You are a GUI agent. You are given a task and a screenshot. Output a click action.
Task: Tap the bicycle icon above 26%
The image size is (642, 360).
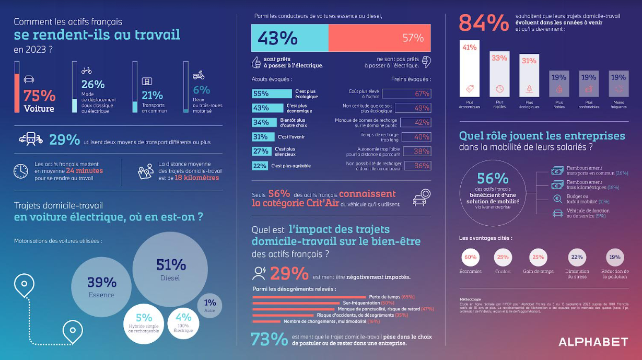point(87,71)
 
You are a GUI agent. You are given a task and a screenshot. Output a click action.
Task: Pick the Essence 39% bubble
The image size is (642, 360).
point(102,286)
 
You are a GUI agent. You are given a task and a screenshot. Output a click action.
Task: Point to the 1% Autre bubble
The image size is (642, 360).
point(210,306)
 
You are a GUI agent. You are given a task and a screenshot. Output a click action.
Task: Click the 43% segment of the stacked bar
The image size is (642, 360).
point(289,38)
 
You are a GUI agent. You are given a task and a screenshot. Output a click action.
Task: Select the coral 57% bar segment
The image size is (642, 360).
point(380,38)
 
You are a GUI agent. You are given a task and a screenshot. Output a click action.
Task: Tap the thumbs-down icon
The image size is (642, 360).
point(426,62)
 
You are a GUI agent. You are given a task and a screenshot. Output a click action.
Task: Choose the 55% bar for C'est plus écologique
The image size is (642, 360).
point(271,94)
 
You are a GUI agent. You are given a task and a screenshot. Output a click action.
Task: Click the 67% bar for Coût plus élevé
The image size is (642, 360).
point(406,94)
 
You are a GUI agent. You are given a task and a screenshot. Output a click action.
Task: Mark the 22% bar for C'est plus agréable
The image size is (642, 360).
point(260,166)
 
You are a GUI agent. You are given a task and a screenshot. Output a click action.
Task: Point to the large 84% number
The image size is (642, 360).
point(483,24)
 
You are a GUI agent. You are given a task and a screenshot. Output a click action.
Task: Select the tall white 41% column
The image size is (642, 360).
point(469,68)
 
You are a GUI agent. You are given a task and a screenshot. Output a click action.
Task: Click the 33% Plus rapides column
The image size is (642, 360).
point(499,74)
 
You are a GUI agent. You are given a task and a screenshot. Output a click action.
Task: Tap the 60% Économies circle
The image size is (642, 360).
point(470,257)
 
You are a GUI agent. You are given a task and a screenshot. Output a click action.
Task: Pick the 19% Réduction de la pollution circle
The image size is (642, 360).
point(615,257)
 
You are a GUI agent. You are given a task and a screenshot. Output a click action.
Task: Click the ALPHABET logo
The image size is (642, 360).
point(593,342)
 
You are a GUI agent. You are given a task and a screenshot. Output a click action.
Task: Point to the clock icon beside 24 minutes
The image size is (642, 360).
point(21,171)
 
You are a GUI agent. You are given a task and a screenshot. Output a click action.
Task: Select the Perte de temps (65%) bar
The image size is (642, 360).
point(310,297)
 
